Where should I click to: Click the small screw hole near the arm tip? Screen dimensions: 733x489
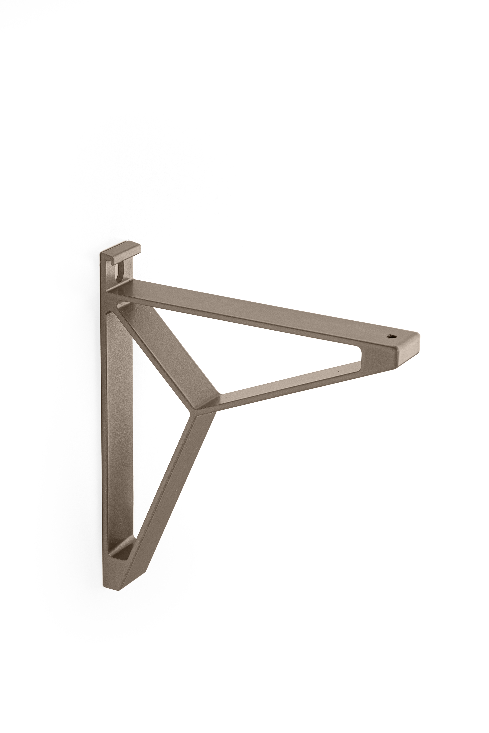(x=391, y=336)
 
